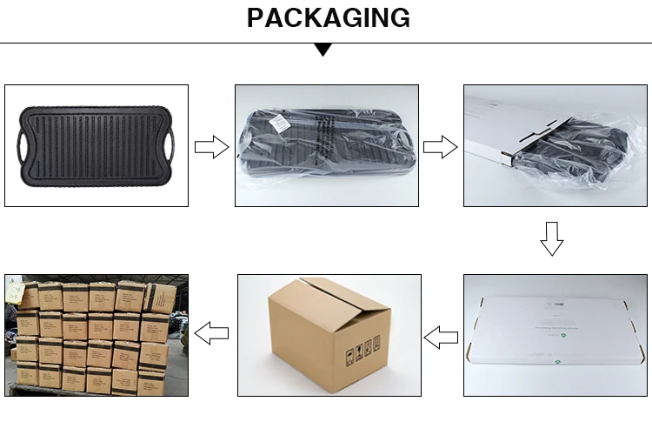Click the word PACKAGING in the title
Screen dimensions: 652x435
coord(328,17)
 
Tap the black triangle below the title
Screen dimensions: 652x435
coord(323,50)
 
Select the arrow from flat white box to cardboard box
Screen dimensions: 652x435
coord(441,335)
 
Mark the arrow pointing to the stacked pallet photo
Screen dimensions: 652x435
coord(211,331)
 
